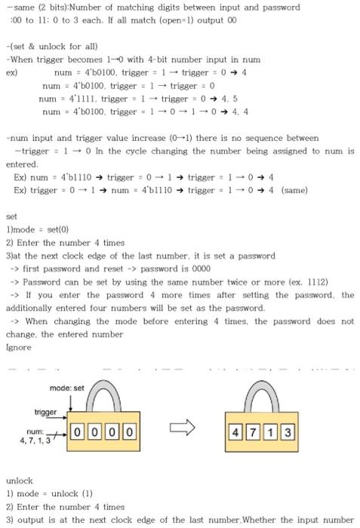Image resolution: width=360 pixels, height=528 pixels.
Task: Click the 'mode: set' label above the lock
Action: click(x=66, y=388)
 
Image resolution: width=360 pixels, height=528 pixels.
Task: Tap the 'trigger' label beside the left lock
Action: click(x=45, y=412)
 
